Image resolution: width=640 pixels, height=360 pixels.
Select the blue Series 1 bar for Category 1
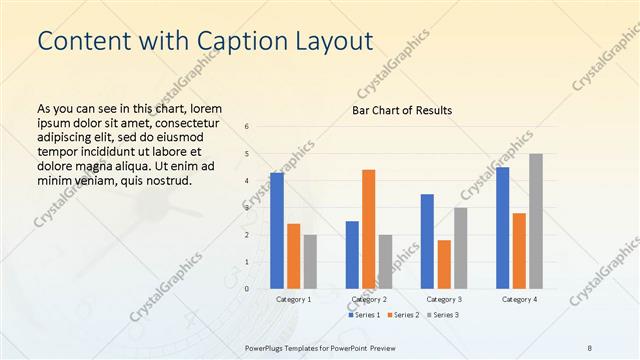tap(277, 231)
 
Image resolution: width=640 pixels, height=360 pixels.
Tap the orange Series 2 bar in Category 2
tap(368, 229)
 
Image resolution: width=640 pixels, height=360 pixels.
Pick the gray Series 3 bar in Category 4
tap(536, 221)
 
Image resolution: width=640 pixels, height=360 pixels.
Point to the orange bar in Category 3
tap(444, 264)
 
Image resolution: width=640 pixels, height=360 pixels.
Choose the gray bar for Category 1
tap(310, 261)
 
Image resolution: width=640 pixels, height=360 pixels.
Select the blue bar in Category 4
tap(502, 228)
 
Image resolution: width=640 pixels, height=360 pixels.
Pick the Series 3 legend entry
tap(444, 315)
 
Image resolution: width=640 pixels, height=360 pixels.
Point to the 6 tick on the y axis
tap(247, 127)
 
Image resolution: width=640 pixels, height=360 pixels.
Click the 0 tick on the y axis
tap(247, 289)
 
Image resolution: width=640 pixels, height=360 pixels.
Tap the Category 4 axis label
tap(519, 299)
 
